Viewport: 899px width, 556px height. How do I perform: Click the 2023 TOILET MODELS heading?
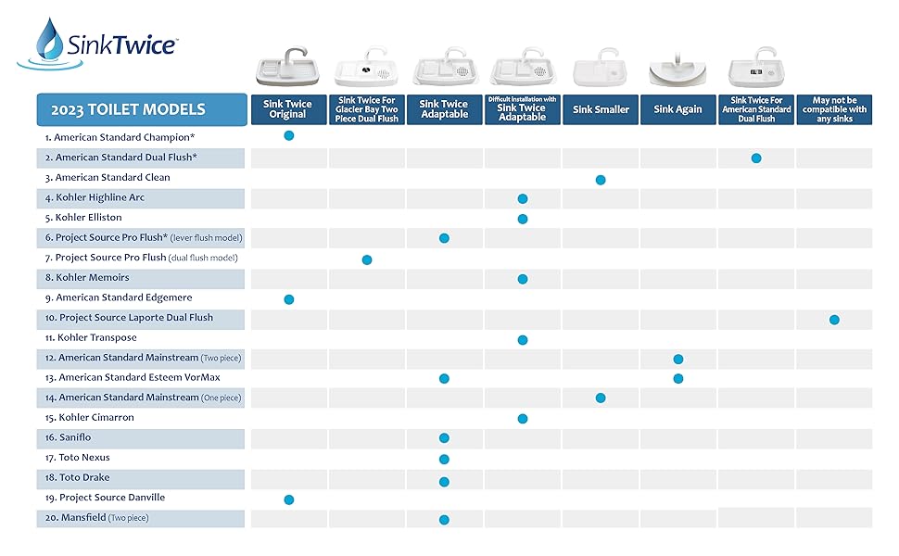pyautogui.click(x=140, y=109)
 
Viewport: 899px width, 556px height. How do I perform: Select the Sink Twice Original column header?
pyautogui.click(x=288, y=109)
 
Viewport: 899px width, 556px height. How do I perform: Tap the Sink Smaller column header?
pyautogui.click(x=601, y=109)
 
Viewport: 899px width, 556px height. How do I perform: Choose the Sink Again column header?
pyautogui.click(x=677, y=109)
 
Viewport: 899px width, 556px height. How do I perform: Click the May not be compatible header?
pyautogui.click(x=834, y=109)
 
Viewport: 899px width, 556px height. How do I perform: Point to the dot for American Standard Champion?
pyautogui.click(x=288, y=135)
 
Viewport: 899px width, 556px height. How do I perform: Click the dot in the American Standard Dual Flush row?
pyautogui.click(x=756, y=158)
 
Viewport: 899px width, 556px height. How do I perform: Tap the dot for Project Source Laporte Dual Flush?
pyautogui.click(x=834, y=320)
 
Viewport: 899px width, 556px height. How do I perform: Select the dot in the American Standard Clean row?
pyautogui.click(x=601, y=179)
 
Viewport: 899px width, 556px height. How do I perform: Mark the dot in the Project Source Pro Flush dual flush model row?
pyautogui.click(x=367, y=259)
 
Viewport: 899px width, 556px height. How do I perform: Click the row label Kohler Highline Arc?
pyautogui.click(x=100, y=197)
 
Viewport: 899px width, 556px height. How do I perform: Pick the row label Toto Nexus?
pyautogui.click(x=84, y=458)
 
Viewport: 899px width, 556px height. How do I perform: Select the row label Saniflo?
pyautogui.click(x=75, y=437)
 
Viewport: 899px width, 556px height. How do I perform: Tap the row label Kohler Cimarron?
pyautogui.click(x=95, y=418)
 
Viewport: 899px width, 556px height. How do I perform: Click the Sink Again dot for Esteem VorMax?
pyautogui.click(x=678, y=378)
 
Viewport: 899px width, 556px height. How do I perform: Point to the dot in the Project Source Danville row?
pyautogui.click(x=288, y=499)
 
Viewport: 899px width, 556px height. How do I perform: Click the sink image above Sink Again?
pyautogui.click(x=677, y=69)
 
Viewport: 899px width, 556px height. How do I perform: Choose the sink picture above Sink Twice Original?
pyautogui.click(x=288, y=67)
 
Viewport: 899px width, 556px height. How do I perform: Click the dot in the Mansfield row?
pyautogui.click(x=444, y=520)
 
